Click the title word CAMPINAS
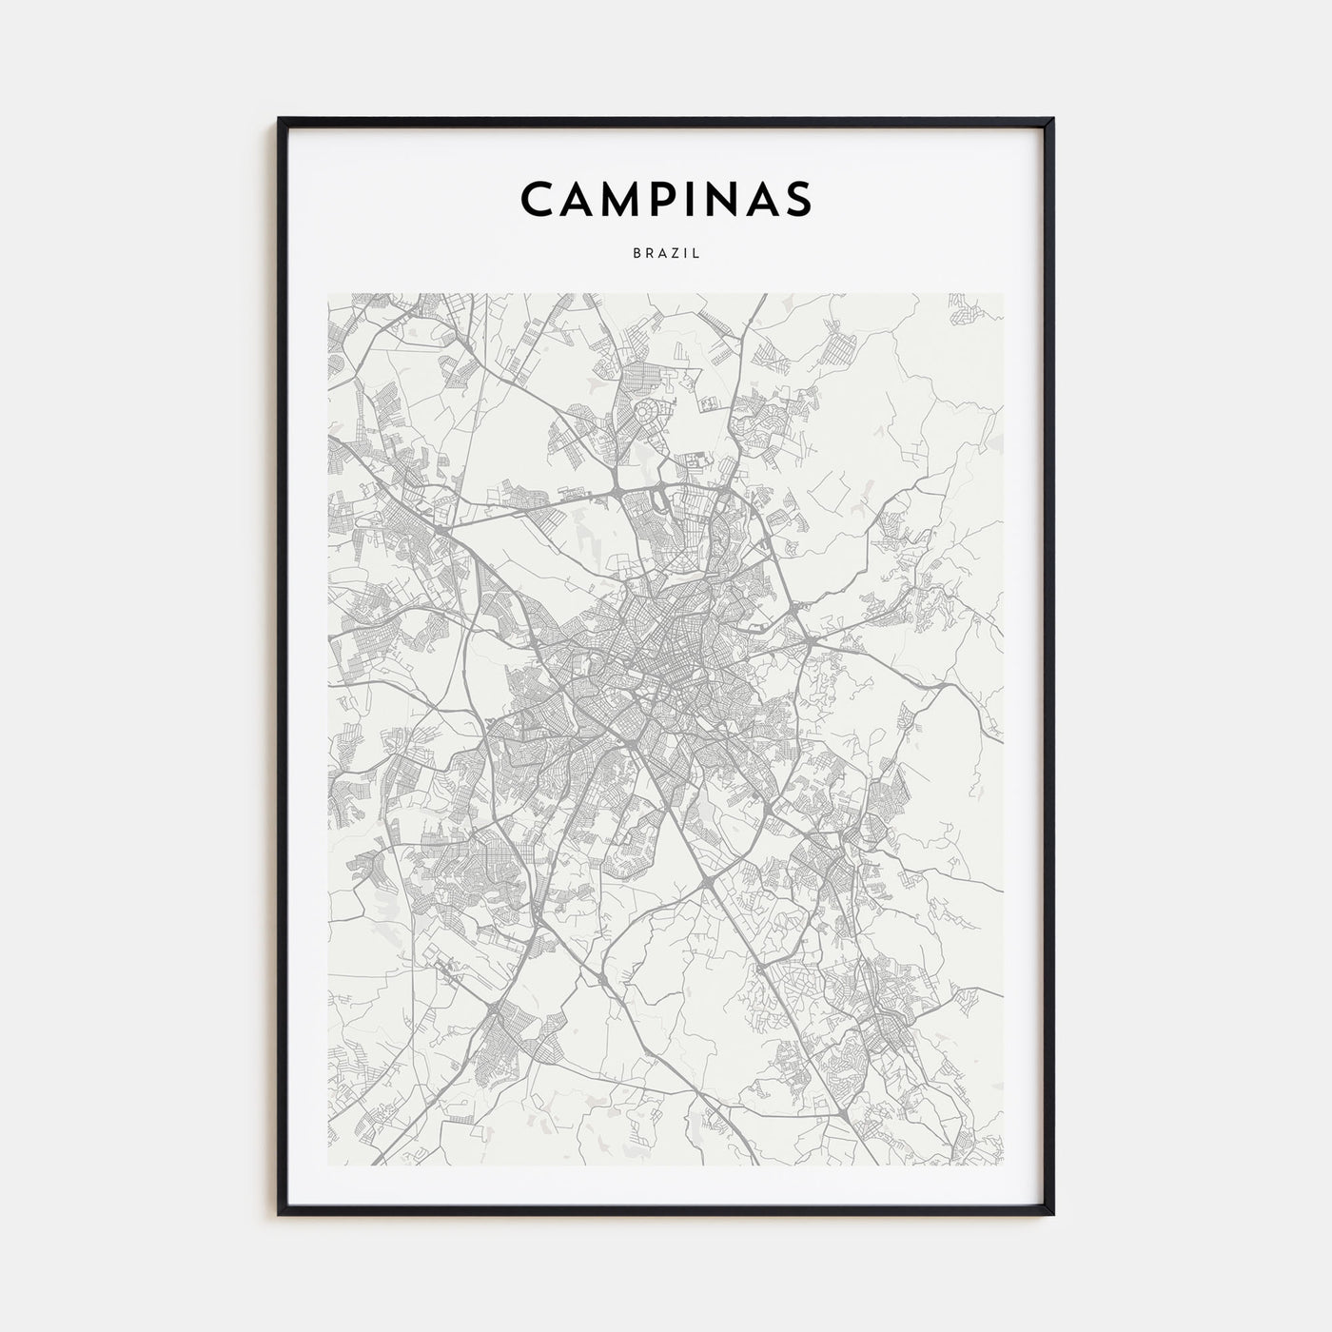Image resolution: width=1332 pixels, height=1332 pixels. point(666,198)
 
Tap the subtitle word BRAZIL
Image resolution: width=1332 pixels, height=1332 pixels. point(666,254)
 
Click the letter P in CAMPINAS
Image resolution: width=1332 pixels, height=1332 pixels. point(667,198)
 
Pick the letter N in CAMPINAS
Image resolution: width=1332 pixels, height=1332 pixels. point(719,198)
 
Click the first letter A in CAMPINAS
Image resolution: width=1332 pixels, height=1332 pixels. point(578,198)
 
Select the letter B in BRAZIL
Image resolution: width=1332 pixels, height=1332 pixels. point(636,254)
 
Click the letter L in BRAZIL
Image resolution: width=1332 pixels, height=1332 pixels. point(697,254)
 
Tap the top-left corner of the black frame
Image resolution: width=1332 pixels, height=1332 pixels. point(280,120)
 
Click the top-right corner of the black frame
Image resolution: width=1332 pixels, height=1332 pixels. point(1052,120)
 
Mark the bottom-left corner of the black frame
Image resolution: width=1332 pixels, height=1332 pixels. point(280,1213)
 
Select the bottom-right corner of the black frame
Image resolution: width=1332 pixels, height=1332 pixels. point(1052,1213)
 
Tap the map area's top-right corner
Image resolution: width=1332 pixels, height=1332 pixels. point(1003,294)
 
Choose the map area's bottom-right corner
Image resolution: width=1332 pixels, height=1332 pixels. point(1003,1165)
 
